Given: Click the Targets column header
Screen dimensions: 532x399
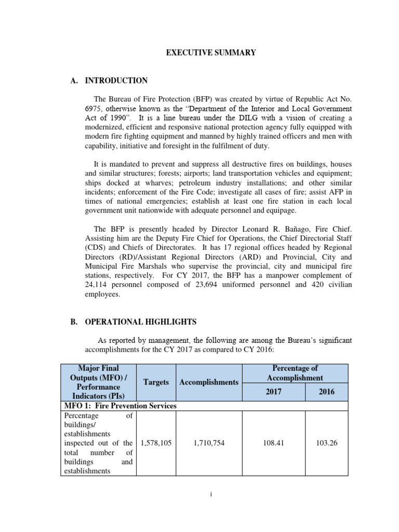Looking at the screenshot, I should point(156,382).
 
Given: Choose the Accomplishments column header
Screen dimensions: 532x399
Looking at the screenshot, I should point(208,382).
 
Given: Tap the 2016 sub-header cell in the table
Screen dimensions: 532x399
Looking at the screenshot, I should point(327,391).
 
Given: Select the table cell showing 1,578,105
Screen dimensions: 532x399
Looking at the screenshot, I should point(156,443).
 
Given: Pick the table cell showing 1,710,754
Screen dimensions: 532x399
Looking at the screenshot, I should point(208,443).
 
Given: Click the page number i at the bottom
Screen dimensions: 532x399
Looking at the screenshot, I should point(211,495).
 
